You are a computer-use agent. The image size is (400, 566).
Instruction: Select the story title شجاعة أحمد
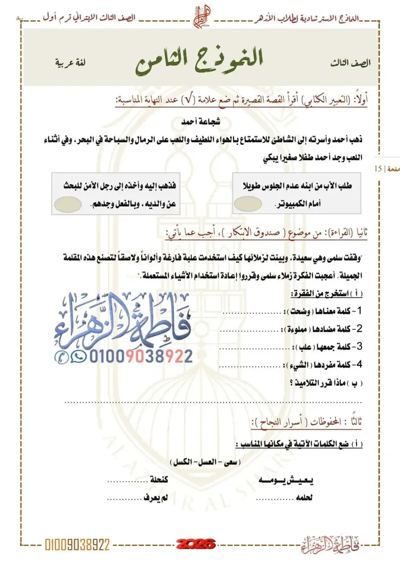pyautogui.click(x=200, y=121)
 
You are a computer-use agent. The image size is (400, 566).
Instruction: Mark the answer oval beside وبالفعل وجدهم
pyautogui.click(x=69, y=203)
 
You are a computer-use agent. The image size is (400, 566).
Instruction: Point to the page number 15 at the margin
pyautogui.click(x=378, y=169)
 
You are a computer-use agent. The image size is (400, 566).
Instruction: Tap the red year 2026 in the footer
pyautogui.click(x=197, y=544)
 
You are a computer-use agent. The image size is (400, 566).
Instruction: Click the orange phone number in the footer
pyautogui.click(x=78, y=544)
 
